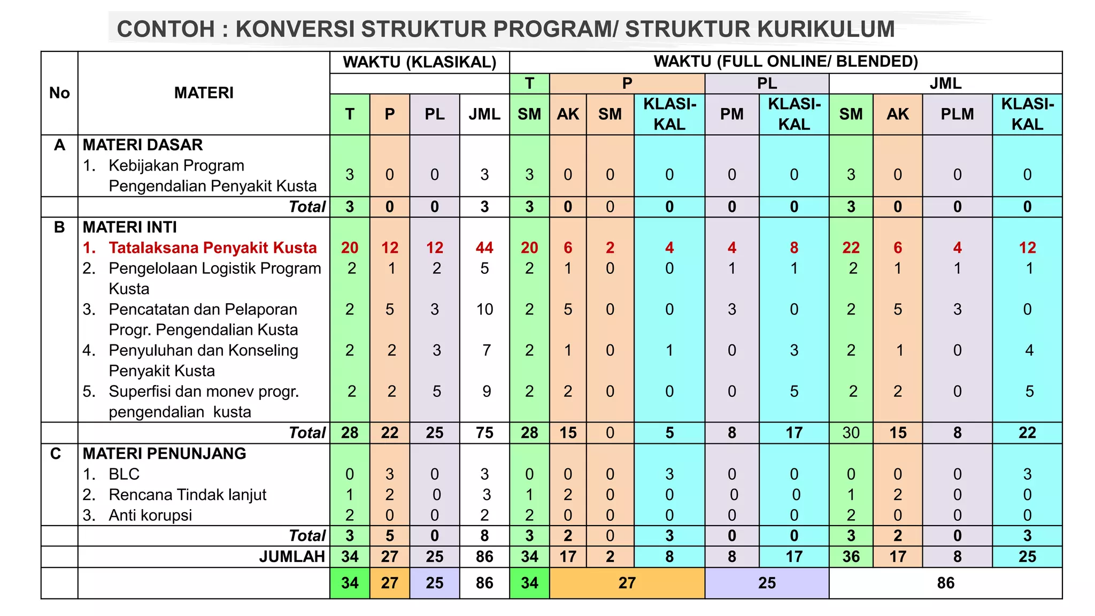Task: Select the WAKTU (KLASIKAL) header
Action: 420,62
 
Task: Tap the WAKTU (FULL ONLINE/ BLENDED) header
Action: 785,61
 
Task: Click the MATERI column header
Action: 204,93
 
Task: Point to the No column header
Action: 59,93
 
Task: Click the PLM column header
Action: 957,114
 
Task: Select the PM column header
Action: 731,114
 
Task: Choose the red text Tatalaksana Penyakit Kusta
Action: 212,248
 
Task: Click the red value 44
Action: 484,248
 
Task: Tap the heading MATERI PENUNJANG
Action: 164,453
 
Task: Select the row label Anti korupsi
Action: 150,515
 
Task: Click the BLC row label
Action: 124,474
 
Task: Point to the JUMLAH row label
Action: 292,557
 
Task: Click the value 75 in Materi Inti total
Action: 484,433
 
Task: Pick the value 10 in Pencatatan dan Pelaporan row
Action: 484,309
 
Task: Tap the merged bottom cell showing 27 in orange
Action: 627,583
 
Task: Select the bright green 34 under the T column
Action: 350,583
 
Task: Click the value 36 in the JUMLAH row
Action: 851,557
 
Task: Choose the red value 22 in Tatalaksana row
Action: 851,248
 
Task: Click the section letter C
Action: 56,453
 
